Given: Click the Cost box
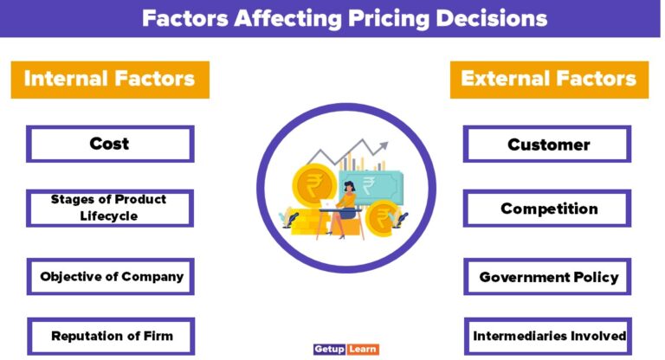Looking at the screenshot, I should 110,144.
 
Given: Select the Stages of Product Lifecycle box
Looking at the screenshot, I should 110,208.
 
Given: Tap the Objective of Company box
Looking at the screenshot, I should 110,277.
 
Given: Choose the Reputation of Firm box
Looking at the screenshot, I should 110,336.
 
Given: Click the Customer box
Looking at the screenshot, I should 547,144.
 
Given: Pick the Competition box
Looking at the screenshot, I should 547,209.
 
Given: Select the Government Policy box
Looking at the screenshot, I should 547,277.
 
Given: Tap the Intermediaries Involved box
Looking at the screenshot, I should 547,336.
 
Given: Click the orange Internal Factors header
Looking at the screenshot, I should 110,80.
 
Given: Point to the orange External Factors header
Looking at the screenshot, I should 549,80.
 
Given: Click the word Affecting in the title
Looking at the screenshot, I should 269,18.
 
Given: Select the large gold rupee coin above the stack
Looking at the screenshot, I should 312,183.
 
